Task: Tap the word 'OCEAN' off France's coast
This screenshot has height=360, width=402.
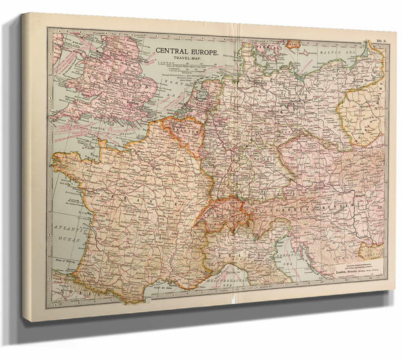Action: pyautogui.click(x=66, y=238)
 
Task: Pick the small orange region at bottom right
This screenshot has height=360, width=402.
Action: pyautogui.click(x=371, y=251)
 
